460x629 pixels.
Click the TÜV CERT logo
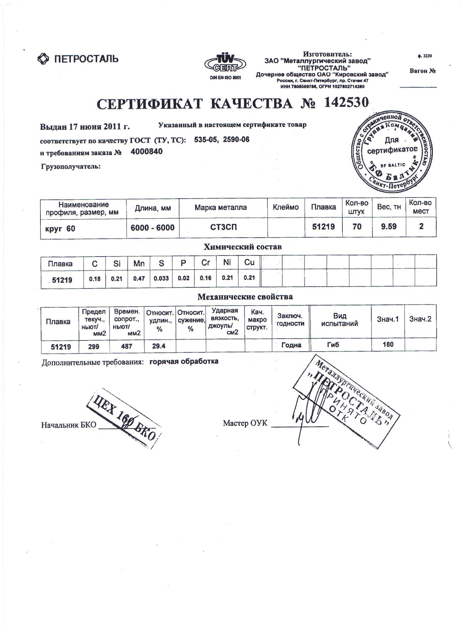pyautogui.click(x=225, y=63)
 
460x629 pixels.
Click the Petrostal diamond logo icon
pyautogui.click(x=44, y=59)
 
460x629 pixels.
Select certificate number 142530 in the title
pyautogui.click(x=346, y=103)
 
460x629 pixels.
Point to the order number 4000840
pyautogui.click(x=147, y=151)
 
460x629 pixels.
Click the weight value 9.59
pyautogui.click(x=389, y=226)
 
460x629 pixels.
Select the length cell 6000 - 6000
pyautogui.click(x=152, y=227)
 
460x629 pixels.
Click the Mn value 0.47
pyautogui.click(x=139, y=278)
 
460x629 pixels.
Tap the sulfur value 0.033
pyautogui.click(x=161, y=278)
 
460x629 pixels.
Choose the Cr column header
pyautogui.click(x=206, y=263)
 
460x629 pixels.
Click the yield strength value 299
pyautogui.click(x=94, y=346)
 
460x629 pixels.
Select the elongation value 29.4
pyautogui.click(x=159, y=346)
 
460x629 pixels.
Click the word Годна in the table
pyautogui.click(x=291, y=345)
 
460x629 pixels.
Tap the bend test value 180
pyautogui.click(x=388, y=345)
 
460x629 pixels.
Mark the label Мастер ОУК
pyautogui.click(x=245, y=423)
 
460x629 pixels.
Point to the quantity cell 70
pyautogui.click(x=357, y=226)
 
